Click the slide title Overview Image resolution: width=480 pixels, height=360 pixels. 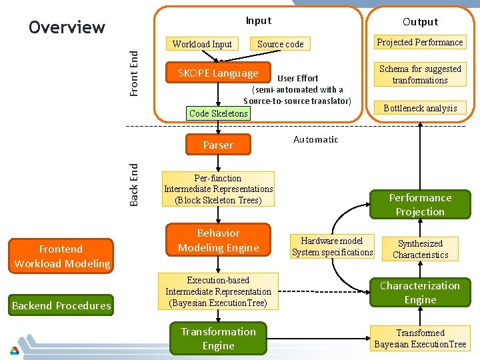point(67,27)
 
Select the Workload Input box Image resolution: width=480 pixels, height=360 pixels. point(202,44)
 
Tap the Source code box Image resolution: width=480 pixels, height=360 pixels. point(280,44)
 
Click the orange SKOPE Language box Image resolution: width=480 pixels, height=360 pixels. point(218,73)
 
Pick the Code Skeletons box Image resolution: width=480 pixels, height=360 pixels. point(218,113)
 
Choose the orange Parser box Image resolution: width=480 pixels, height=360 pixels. point(218,145)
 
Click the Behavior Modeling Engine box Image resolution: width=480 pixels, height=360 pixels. point(218,241)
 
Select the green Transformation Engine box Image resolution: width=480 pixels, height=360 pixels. point(218,339)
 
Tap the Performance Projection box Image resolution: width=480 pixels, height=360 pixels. point(420,205)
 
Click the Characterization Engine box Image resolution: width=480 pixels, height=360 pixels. point(420,293)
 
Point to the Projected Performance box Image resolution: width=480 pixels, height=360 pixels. point(420,42)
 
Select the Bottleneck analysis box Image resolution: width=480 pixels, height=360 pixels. point(420,108)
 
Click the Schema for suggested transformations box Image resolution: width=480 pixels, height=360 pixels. point(420,74)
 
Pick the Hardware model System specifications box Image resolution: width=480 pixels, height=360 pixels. point(332,247)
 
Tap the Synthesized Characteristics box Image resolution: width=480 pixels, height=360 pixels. point(420,249)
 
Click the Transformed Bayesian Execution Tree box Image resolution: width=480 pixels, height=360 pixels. point(420,339)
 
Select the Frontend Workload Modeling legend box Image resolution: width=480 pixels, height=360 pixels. point(61,257)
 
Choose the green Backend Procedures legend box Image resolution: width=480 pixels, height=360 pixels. point(61,305)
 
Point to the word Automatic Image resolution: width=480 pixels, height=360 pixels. point(315,139)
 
